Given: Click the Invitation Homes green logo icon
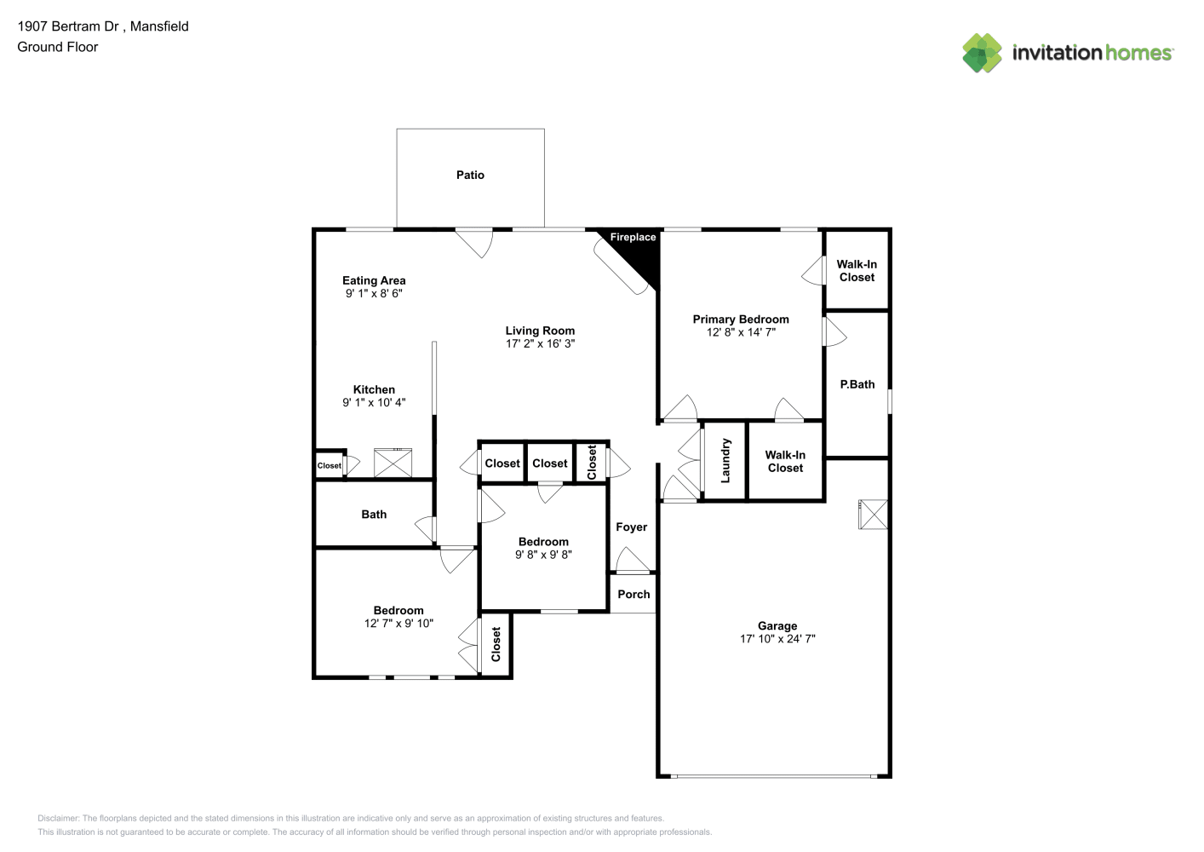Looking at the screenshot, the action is pos(982,53).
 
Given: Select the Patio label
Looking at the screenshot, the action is pos(470,175).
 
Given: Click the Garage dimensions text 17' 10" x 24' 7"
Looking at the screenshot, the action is pos(777,638).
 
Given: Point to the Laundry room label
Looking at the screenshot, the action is pos(725,460).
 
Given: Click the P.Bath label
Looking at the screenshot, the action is pos(857,384).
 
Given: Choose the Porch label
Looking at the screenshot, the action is pos(634,594).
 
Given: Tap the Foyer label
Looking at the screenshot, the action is pos(632,527).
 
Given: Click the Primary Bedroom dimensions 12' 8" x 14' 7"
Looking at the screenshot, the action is pos(741,332).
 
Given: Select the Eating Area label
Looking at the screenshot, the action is pos(374,280).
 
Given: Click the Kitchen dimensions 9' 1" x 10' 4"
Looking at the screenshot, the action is pos(374,402).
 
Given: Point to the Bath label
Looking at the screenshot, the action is pos(374,515).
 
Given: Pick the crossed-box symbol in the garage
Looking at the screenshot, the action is pos(873,515).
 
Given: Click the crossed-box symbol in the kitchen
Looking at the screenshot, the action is pos(393,463).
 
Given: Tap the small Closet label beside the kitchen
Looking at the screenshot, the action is pos(329,465).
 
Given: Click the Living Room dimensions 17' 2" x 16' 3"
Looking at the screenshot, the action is pos(540,343).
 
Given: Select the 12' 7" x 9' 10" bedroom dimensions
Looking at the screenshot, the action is pos(398,623).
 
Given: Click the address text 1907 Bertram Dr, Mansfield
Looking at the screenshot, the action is pos(103,26).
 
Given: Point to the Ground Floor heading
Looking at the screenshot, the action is pos(58,47).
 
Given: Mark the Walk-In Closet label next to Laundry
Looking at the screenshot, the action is pos(785,462).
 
